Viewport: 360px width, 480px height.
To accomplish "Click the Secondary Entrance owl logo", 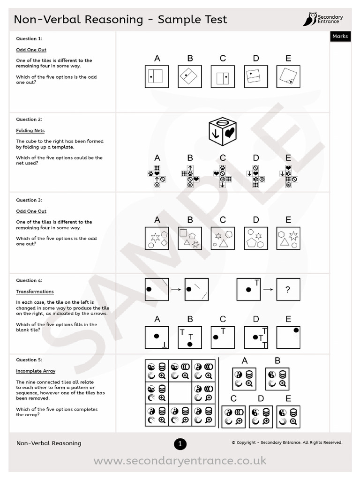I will (x=309, y=19).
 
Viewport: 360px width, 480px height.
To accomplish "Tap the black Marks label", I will (x=340, y=36).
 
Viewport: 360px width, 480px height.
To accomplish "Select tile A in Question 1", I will (x=157, y=76).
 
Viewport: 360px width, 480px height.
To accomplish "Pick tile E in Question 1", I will (x=288, y=76).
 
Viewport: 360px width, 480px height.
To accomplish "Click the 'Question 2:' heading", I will (x=29, y=120).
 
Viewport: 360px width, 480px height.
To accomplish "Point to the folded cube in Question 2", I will (x=223, y=129).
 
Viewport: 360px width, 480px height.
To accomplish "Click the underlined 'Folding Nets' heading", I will (x=30, y=131).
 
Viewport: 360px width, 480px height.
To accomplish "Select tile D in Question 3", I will (x=255, y=238).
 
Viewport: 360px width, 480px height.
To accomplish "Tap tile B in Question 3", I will (x=190, y=238).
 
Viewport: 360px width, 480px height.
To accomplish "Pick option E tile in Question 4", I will (x=288, y=337).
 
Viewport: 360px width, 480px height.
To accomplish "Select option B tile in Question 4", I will (x=190, y=337).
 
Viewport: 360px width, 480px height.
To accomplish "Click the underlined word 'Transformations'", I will (x=35, y=292).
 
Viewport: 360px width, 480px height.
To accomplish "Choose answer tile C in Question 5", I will (x=233, y=417).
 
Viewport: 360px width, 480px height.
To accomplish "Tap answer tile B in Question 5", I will (x=277, y=379).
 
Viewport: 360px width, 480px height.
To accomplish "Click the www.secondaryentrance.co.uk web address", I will (x=180, y=461).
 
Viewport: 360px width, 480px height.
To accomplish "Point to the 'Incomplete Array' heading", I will (x=36, y=371).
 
